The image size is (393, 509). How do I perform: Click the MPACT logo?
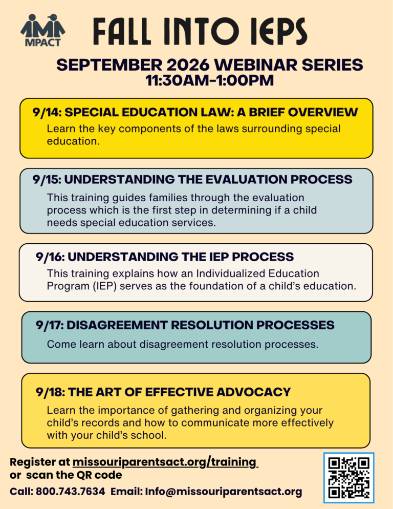pos(43,30)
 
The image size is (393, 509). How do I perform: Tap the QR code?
pos(349,478)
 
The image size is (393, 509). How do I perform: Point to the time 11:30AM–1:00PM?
pos(210,80)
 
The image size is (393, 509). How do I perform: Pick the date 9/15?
pos(47,180)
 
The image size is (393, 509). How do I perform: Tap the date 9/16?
pos(50,257)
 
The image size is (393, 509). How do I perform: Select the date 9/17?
pos(50,325)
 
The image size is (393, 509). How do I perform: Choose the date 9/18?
pos(50,392)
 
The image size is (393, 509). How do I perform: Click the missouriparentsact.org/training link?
pos(165,462)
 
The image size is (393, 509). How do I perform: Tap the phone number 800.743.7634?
pos(71,492)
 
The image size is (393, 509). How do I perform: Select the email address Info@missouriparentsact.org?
pos(223,492)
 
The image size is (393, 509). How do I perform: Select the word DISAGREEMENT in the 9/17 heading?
pos(117,325)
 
